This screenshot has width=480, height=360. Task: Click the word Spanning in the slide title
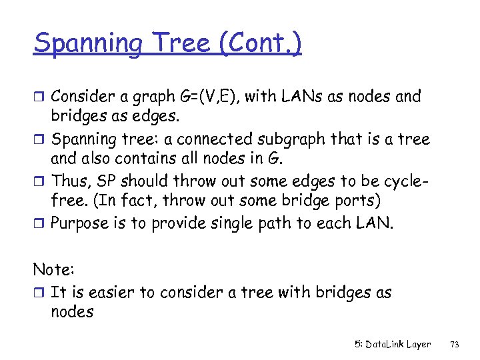87,44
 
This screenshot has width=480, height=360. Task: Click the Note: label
53,270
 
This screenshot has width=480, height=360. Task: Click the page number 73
455,344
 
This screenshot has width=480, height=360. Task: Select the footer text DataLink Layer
398,344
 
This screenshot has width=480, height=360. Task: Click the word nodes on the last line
72,311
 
